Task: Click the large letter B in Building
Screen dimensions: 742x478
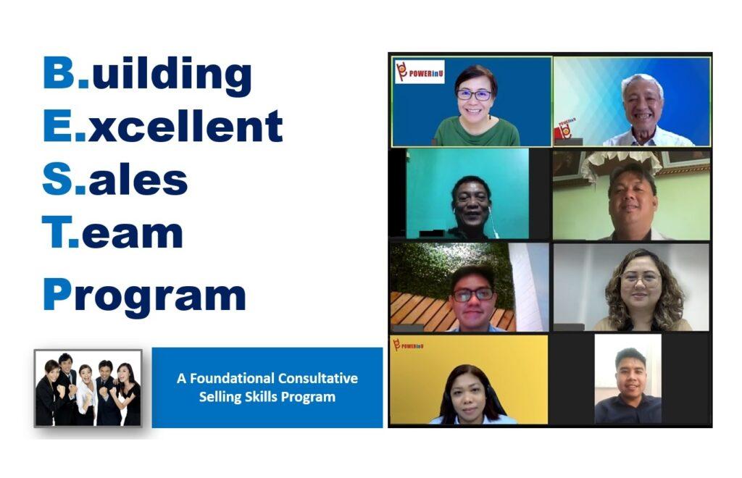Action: [59, 72]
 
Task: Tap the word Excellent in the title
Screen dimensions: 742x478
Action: [163, 125]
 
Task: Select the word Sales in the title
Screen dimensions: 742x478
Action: [115, 180]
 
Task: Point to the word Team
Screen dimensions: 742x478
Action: [112, 232]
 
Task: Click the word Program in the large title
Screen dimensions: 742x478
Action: [144, 295]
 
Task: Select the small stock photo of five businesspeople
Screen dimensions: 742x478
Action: [88, 388]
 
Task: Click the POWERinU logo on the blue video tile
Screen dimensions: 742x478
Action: [420, 72]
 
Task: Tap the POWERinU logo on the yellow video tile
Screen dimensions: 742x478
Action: [409, 345]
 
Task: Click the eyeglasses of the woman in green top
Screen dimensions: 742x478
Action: [474, 95]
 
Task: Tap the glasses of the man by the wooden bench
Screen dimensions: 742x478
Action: [474, 295]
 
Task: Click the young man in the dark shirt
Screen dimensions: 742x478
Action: [628, 387]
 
